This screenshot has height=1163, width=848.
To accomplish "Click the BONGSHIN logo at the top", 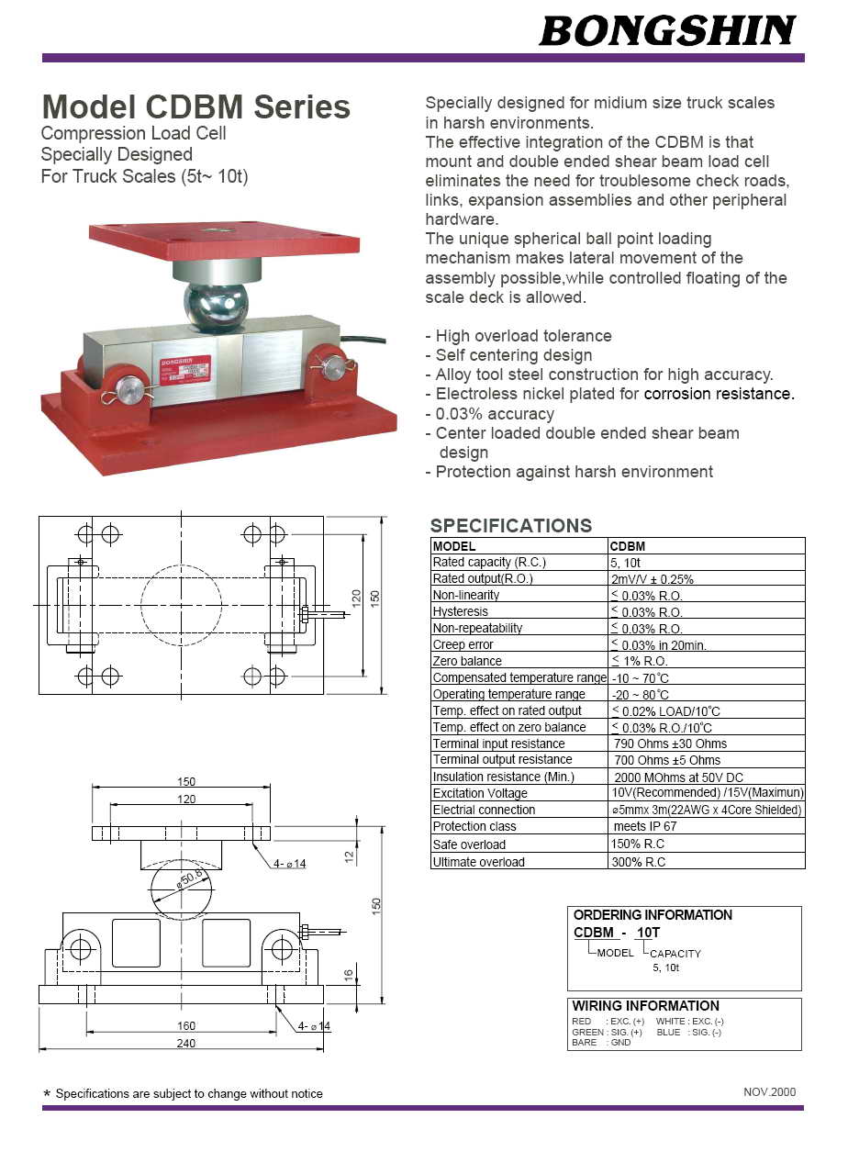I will [667, 30].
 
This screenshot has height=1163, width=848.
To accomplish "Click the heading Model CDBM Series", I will [196, 107].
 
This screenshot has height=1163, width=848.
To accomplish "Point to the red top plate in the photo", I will [223, 240].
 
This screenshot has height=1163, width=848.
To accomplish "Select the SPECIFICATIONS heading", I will [511, 526].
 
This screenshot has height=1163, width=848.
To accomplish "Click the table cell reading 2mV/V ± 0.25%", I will [653, 579].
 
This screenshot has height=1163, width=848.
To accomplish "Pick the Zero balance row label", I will [467, 661].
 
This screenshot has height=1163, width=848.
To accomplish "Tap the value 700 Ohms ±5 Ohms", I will [667, 760].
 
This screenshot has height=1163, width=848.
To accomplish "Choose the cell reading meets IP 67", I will [645, 826].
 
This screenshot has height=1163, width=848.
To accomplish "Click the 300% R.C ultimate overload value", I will [638, 862].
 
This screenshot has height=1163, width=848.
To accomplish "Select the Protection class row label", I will [474, 826].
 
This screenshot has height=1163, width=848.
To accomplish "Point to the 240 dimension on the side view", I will [185, 1043].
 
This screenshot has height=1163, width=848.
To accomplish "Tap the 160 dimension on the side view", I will [185, 1026].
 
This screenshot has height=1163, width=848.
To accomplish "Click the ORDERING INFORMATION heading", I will [653, 915].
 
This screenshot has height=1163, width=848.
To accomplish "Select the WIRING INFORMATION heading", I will [646, 1006].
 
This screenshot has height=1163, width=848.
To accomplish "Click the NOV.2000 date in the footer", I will [769, 1092].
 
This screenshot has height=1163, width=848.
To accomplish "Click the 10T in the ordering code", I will [648, 933].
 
